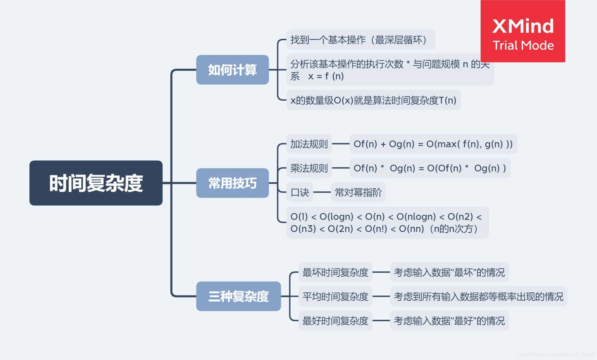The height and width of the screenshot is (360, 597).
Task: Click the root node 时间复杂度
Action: coord(96,183)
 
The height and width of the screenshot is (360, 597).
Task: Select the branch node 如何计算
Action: coord(232,70)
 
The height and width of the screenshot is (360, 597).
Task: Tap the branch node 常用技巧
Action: coord(232,183)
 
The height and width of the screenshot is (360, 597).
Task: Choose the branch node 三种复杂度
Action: coord(238,296)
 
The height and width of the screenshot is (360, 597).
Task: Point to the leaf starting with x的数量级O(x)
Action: coord(373,100)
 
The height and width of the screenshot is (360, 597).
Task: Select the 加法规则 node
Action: coord(309,144)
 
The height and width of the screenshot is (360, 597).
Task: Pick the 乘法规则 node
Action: coord(309,168)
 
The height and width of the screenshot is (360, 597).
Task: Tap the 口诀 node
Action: coord(299,192)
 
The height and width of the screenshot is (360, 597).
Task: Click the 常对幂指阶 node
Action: coord(358,192)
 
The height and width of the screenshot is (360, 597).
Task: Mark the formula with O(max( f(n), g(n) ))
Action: coord(433,144)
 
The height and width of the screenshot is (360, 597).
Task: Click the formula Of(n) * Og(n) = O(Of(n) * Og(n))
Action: coord(430,168)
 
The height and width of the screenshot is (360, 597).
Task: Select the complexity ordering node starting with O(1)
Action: coord(387,222)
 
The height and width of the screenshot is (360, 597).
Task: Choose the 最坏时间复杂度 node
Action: coord(335,272)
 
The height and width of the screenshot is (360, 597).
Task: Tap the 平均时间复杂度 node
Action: coord(335,296)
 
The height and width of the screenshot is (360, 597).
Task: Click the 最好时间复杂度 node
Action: coord(335,320)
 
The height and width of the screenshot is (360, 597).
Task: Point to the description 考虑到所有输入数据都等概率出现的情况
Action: coord(478,296)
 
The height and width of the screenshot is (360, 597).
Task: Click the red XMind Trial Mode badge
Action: coord(523,31)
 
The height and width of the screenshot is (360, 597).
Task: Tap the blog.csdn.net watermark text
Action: coord(556,354)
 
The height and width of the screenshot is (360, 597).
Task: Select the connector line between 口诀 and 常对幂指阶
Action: coord(322,192)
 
